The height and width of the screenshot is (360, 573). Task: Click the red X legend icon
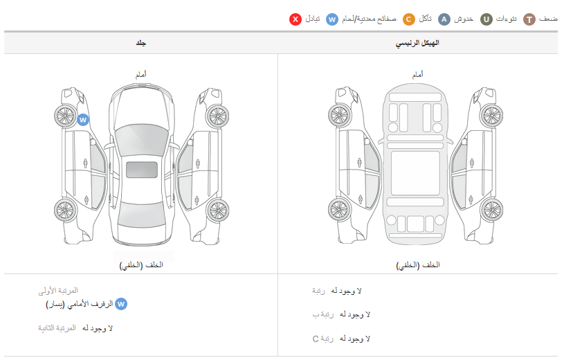coord(295,19)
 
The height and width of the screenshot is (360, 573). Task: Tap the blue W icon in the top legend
coord(331,19)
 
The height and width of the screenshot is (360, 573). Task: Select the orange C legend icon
coord(408,19)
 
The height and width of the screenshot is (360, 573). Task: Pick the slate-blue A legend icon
coord(444,19)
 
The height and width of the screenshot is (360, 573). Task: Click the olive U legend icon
coord(486,19)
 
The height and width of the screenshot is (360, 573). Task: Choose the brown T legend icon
coord(529,19)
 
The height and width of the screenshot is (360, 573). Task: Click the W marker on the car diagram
coord(83,120)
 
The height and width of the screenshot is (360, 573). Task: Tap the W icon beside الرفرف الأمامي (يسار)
coord(121,304)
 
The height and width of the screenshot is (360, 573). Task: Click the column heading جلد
coord(140,43)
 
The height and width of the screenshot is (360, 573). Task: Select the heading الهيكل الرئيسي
coord(417,43)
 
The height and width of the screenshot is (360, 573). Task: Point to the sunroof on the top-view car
coord(142,170)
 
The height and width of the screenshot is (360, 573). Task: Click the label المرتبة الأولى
coord(58,291)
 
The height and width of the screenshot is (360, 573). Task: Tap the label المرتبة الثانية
coord(57,328)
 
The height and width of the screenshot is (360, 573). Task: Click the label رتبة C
coord(322,339)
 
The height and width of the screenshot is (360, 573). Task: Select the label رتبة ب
coord(322,315)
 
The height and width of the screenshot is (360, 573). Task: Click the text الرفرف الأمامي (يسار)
coord(80,304)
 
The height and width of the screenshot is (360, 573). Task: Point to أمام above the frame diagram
coord(418,75)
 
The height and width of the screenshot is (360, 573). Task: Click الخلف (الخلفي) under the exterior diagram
coord(141,265)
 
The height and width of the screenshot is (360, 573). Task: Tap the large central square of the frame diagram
coord(415,174)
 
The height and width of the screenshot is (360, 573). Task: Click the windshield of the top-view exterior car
coord(142,140)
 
